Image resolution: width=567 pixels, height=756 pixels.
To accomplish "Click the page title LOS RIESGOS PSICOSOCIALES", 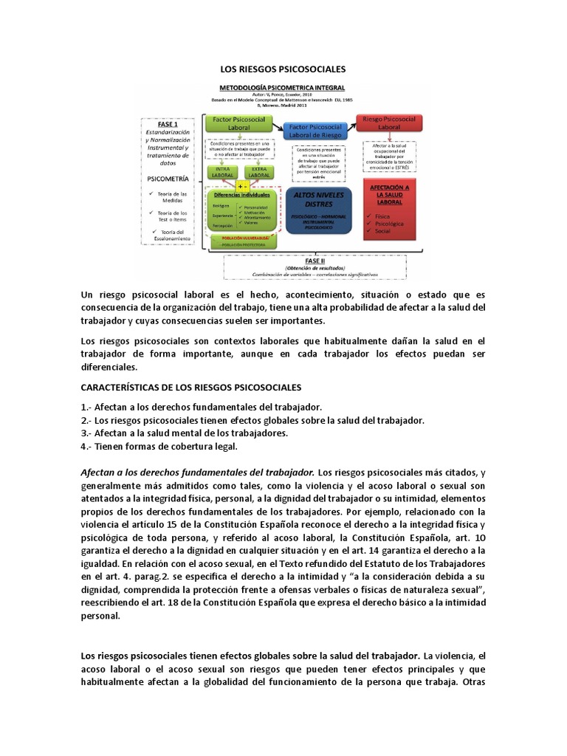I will tap(283, 69).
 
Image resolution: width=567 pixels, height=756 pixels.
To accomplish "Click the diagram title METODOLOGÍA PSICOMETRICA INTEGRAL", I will tap(283, 87).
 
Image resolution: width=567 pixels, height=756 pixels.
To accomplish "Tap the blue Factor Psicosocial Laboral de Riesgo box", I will tap(317, 131).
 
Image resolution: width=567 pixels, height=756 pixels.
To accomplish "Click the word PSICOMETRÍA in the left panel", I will tap(168, 178).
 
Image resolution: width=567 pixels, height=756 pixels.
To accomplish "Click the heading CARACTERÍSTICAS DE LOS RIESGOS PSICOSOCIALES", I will tap(190, 387).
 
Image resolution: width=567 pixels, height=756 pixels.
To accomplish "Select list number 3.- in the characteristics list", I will tap(86, 433).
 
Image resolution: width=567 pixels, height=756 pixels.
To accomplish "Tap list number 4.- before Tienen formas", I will tap(86, 446).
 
